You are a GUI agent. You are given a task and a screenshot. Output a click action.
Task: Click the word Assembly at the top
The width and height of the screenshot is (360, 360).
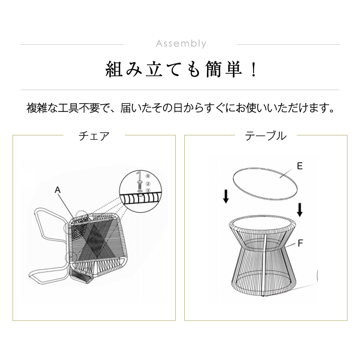[x=181, y=44]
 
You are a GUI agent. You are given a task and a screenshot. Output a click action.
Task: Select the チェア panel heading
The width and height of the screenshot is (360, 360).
[x=94, y=136]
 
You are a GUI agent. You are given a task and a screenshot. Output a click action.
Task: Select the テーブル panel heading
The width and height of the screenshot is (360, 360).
[x=266, y=136]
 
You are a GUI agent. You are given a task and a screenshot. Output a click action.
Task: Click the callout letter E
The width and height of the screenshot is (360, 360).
[x=300, y=166]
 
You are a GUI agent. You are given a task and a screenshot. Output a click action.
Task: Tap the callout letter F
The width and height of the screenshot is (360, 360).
[x=300, y=243]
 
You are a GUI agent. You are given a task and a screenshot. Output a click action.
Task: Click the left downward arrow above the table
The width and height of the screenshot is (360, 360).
[x=226, y=196]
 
